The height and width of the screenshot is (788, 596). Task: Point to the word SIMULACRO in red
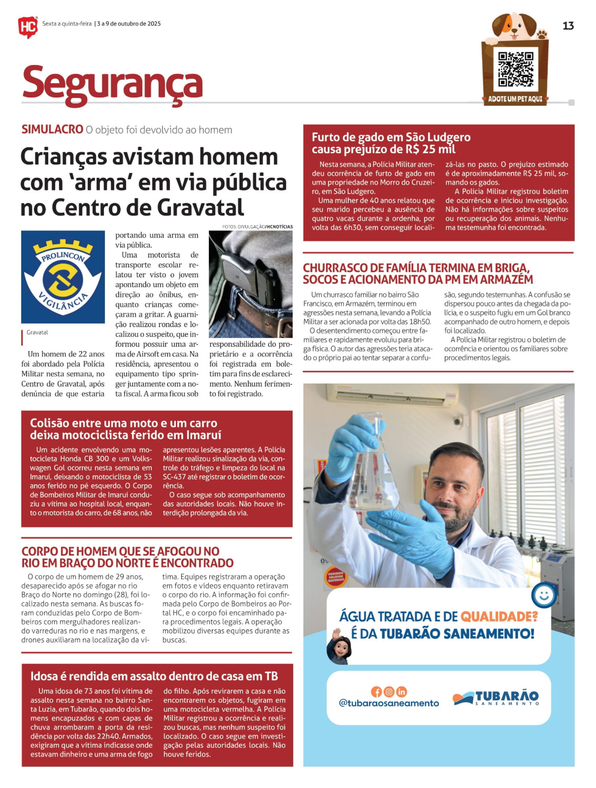(x=52, y=130)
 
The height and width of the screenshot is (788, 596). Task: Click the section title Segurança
(x=112, y=84)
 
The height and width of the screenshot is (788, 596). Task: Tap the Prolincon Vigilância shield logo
(x=63, y=276)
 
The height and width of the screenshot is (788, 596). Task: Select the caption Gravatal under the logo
(x=37, y=332)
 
